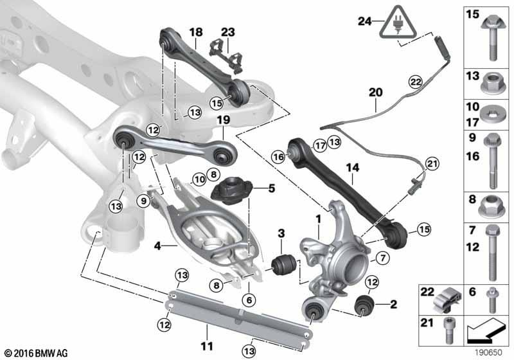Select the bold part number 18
(195, 32)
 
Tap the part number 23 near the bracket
(228, 32)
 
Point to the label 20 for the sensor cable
(375, 93)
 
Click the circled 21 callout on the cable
(431, 165)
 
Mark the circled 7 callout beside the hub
(382, 259)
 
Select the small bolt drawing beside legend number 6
(492, 299)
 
